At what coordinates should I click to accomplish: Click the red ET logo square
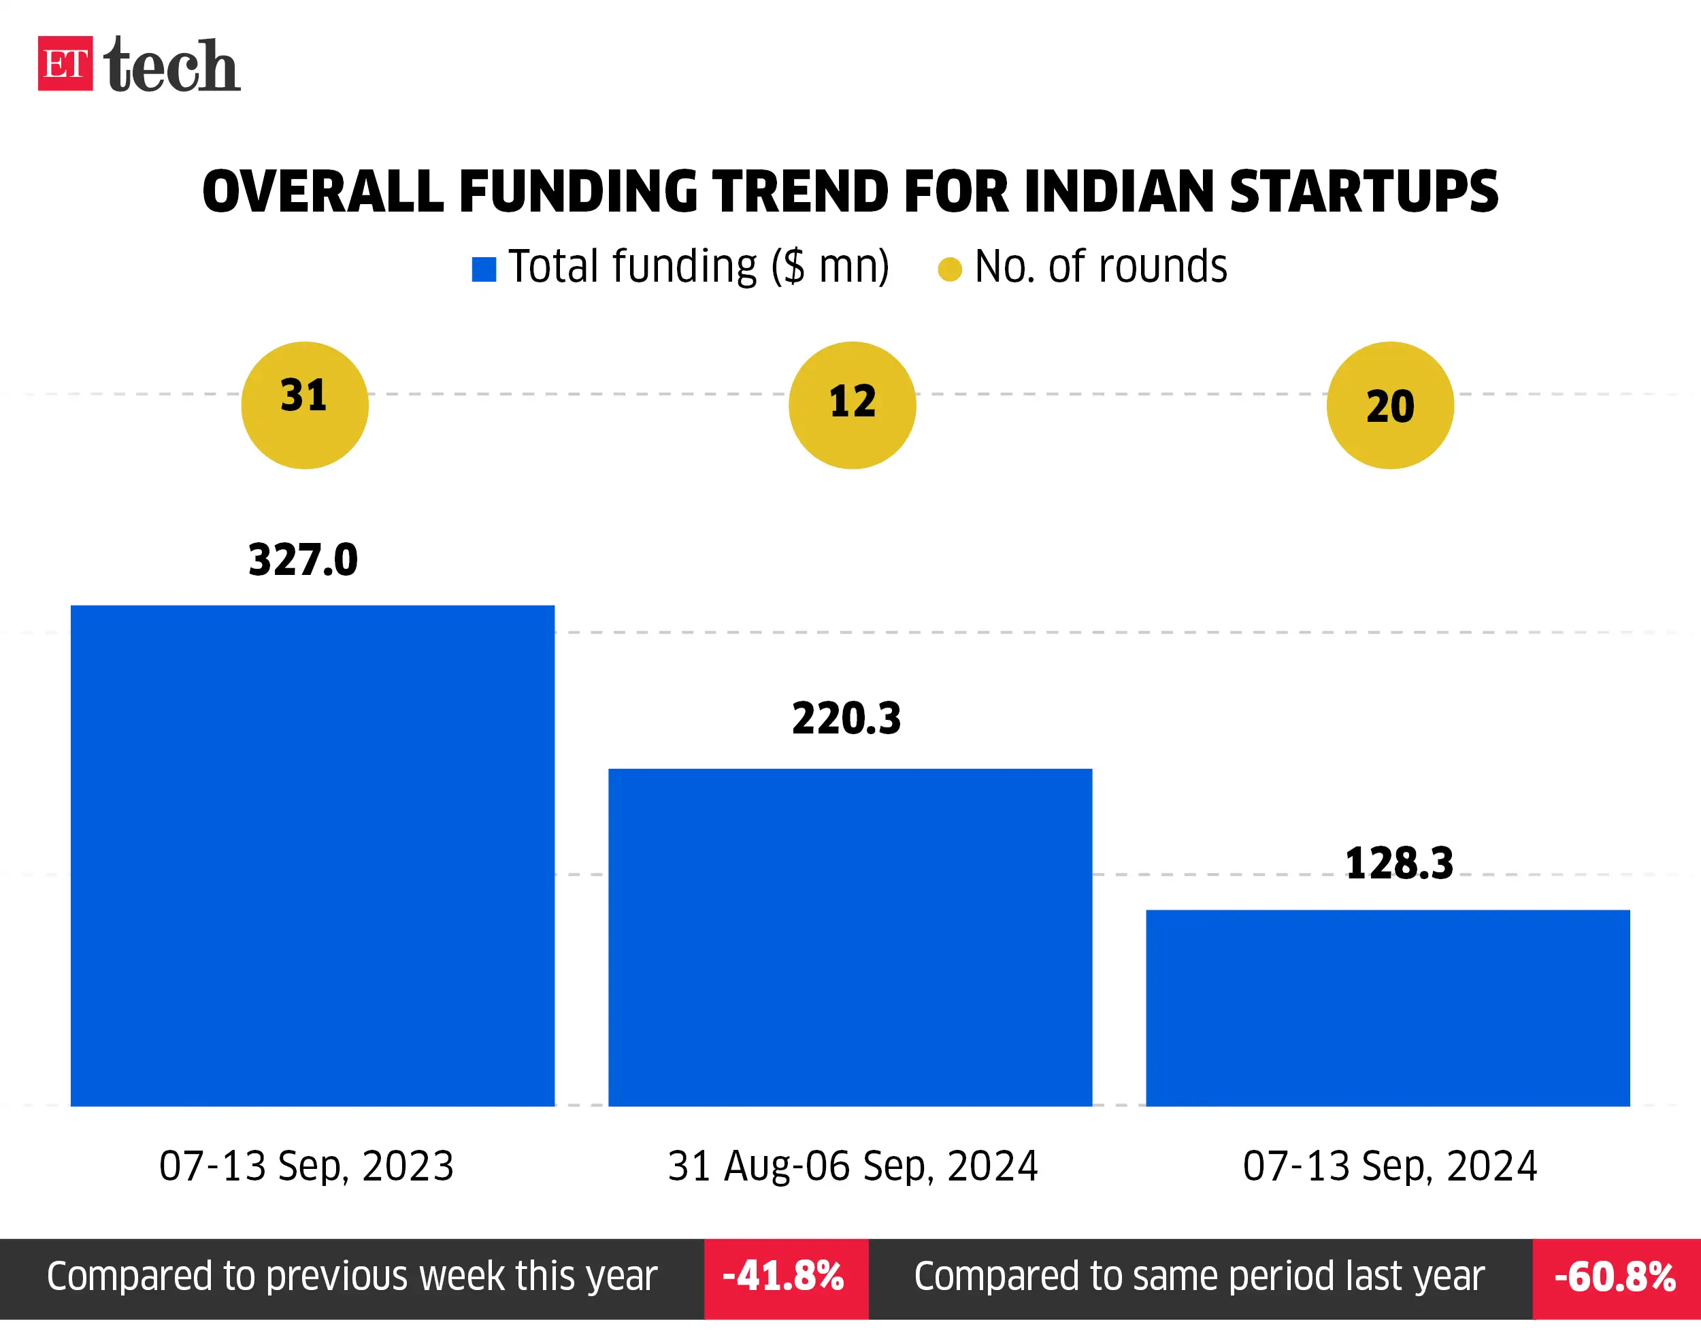(x=65, y=63)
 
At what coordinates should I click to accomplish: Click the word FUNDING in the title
(x=578, y=192)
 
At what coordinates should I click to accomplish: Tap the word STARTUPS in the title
(x=1363, y=192)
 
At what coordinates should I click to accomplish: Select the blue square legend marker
(x=484, y=269)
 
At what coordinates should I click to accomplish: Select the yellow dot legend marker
(x=950, y=269)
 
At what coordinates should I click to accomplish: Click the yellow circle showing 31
(x=305, y=405)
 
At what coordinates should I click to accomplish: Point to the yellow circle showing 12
(x=852, y=405)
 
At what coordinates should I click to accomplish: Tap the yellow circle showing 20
(x=1389, y=405)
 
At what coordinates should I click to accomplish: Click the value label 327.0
(x=303, y=561)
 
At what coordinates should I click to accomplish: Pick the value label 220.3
(x=846, y=719)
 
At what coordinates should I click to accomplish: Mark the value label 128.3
(x=1399, y=864)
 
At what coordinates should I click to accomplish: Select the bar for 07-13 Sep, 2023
(x=312, y=855)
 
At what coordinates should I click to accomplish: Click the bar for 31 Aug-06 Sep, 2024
(x=850, y=937)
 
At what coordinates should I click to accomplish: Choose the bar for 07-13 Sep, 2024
(x=1388, y=1008)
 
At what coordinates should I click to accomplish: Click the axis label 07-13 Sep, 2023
(x=306, y=1166)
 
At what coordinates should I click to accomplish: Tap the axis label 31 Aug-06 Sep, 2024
(x=853, y=1166)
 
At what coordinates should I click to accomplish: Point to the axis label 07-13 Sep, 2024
(x=1389, y=1166)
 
